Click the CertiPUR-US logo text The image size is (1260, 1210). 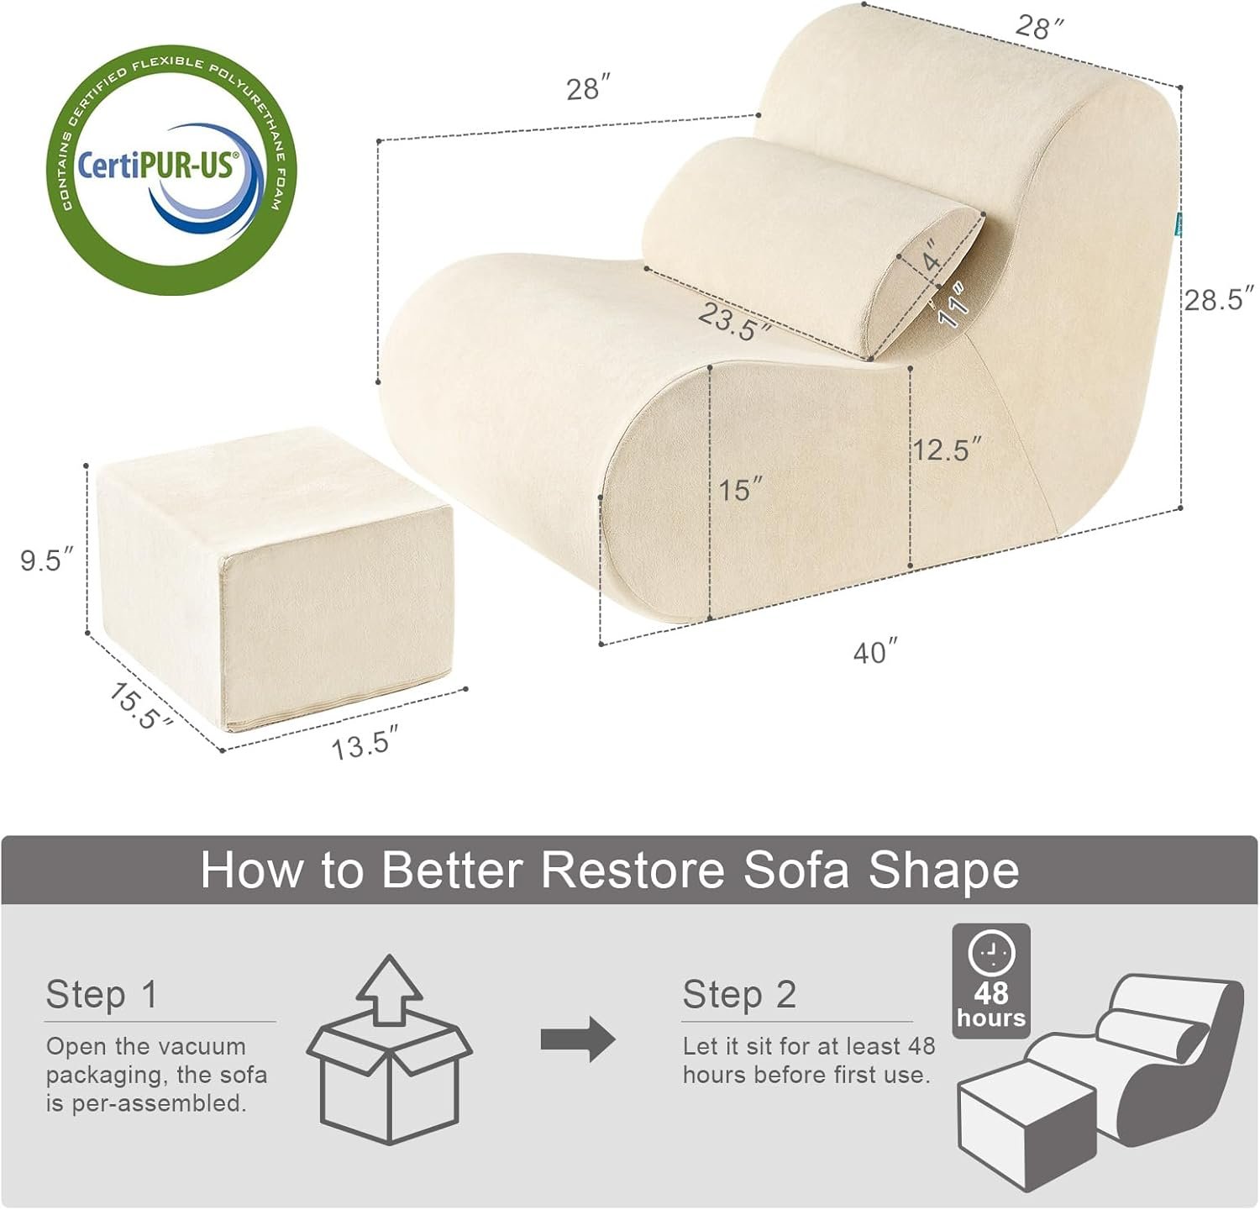point(157,164)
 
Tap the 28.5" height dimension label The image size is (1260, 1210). point(1219,299)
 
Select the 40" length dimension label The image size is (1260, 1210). point(875,651)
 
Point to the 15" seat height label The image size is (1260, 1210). point(740,488)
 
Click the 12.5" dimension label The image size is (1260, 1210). point(947,450)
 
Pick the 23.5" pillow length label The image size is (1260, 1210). point(732,322)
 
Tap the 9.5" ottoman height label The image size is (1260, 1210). point(47,560)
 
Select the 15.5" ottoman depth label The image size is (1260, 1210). point(139,706)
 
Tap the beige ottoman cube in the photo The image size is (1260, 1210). point(274,579)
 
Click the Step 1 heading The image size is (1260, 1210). point(102,994)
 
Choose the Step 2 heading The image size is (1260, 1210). point(739,994)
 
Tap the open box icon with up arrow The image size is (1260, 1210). point(389,1050)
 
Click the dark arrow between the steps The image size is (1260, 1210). point(578,1039)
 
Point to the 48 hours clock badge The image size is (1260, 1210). point(991,981)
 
